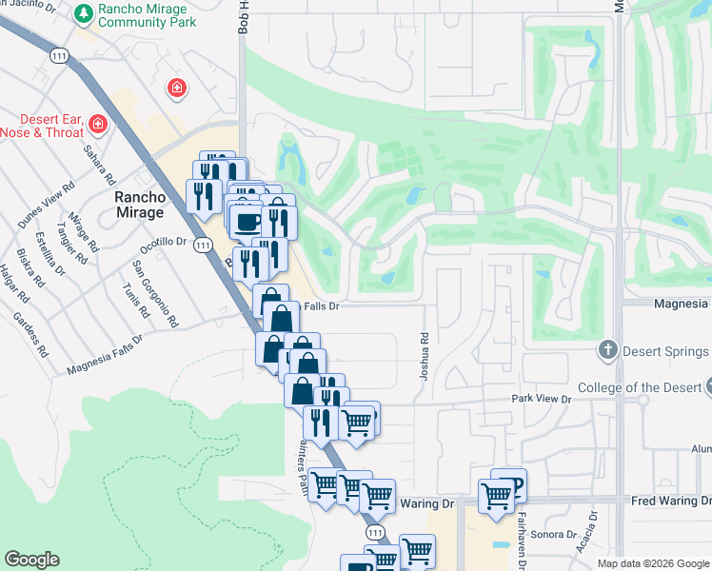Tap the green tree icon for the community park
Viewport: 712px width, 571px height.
click(x=85, y=12)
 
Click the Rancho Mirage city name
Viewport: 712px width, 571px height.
click(x=139, y=205)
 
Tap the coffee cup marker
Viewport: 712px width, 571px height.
click(x=248, y=222)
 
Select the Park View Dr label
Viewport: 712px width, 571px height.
click(x=540, y=399)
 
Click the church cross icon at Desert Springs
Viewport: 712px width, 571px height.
click(x=607, y=351)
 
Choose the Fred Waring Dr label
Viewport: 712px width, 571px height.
click(x=671, y=501)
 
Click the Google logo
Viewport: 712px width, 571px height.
click(x=31, y=560)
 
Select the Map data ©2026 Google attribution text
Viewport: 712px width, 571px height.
click(x=652, y=563)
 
